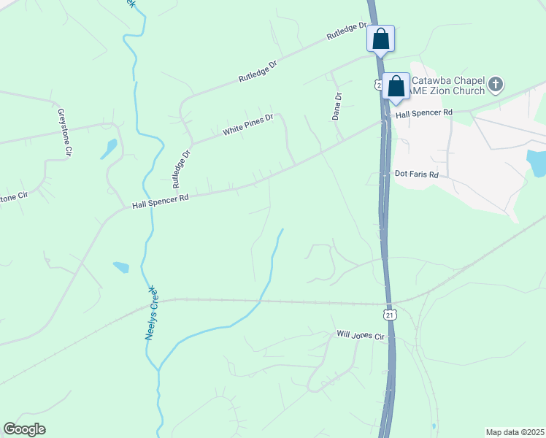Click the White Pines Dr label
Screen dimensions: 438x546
[x=248, y=124]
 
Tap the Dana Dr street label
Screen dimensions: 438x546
[x=337, y=106]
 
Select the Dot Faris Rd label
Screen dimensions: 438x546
[x=416, y=175]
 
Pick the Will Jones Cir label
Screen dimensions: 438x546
[x=360, y=335]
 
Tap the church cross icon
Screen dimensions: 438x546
[x=495, y=83]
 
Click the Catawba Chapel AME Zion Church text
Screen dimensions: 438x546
[x=447, y=85]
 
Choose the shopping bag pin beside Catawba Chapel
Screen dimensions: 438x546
[x=396, y=85]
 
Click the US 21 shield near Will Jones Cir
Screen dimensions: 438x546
[x=390, y=315]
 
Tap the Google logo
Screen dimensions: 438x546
[x=24, y=429]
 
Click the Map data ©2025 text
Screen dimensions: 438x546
[x=514, y=432]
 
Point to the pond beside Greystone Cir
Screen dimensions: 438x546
[x=109, y=149]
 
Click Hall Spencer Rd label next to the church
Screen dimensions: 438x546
[x=424, y=114]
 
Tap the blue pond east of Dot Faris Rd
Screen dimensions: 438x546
[x=536, y=163]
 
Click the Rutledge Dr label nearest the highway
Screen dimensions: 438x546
[x=346, y=31]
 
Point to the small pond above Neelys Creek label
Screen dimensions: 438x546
[x=121, y=267]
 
